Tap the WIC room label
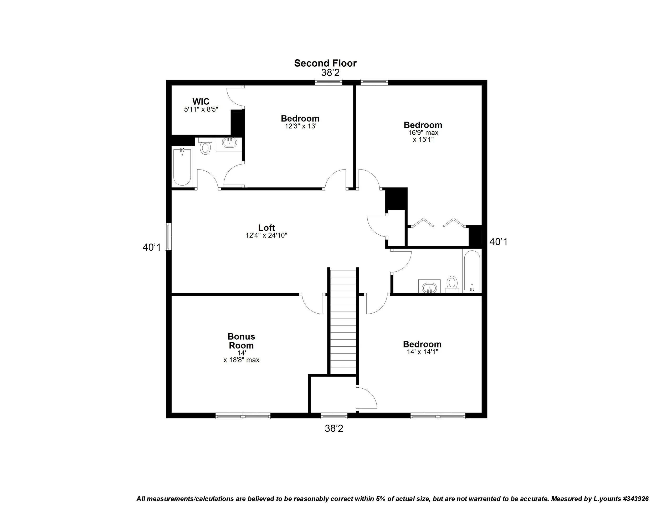pos(201,102)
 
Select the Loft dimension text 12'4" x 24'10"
pos(266,235)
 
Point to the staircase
pos(343,321)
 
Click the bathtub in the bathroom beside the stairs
pos(472,271)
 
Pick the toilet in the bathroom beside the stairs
pos(452,284)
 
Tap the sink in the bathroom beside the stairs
pos(429,287)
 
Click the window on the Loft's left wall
pos(168,236)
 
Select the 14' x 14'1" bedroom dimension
pos(422,352)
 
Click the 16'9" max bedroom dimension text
pos(423,133)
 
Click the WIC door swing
pos(235,97)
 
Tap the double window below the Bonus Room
pos(243,416)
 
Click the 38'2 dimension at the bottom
pos(334,429)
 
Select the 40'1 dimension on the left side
pos(152,247)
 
